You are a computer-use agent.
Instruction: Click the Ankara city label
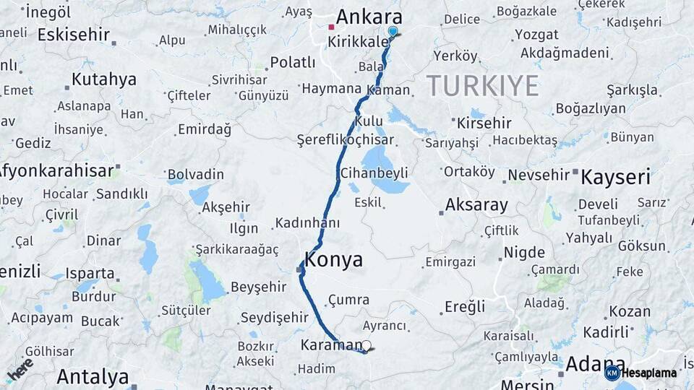coord(369,17)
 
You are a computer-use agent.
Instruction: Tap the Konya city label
coord(334,261)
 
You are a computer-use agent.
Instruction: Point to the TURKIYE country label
coord(482,86)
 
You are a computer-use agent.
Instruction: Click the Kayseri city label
coord(616,177)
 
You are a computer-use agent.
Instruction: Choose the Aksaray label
coord(476,205)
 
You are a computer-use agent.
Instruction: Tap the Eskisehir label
coord(74,35)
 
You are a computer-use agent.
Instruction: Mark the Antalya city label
coord(93,376)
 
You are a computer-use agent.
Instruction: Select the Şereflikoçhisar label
coord(346,140)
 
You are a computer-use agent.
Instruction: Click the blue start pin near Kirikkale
coord(393,31)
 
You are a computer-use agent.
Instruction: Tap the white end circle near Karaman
coord(367,346)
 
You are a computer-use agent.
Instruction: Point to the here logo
coord(20,369)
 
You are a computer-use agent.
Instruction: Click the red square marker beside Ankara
coord(331,27)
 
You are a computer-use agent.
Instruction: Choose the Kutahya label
coord(103,79)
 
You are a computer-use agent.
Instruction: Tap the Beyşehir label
coord(258,287)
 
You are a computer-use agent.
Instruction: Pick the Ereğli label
coord(465,307)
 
